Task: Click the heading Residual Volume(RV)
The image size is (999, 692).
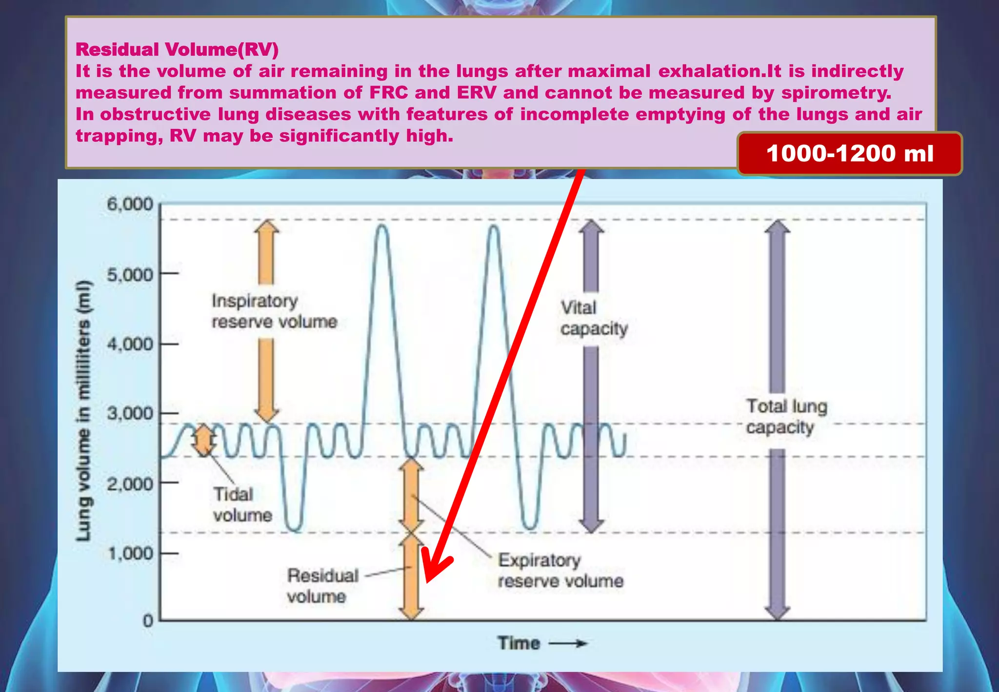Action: coord(177,49)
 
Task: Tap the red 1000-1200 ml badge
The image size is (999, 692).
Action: coord(849,153)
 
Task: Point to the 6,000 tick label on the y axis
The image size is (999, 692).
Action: coord(130,204)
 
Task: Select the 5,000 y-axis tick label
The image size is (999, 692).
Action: coord(130,275)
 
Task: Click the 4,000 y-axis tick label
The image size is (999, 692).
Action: coord(130,345)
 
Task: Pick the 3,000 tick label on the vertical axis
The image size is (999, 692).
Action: coord(130,414)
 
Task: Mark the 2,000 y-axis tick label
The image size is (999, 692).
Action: coord(130,484)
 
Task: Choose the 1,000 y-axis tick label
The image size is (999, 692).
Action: coord(130,553)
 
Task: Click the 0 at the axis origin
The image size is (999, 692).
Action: coord(147,621)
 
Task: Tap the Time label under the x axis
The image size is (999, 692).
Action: coord(519,643)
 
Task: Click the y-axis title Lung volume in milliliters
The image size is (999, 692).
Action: coord(84,411)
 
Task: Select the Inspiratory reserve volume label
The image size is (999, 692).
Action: coord(274,311)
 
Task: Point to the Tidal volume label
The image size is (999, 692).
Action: coord(242,505)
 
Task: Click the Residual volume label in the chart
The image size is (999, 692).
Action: coord(322,586)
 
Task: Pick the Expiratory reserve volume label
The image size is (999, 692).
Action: coord(560,570)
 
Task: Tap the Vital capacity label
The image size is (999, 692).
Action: coord(594,318)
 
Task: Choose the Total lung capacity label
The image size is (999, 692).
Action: coord(786,416)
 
